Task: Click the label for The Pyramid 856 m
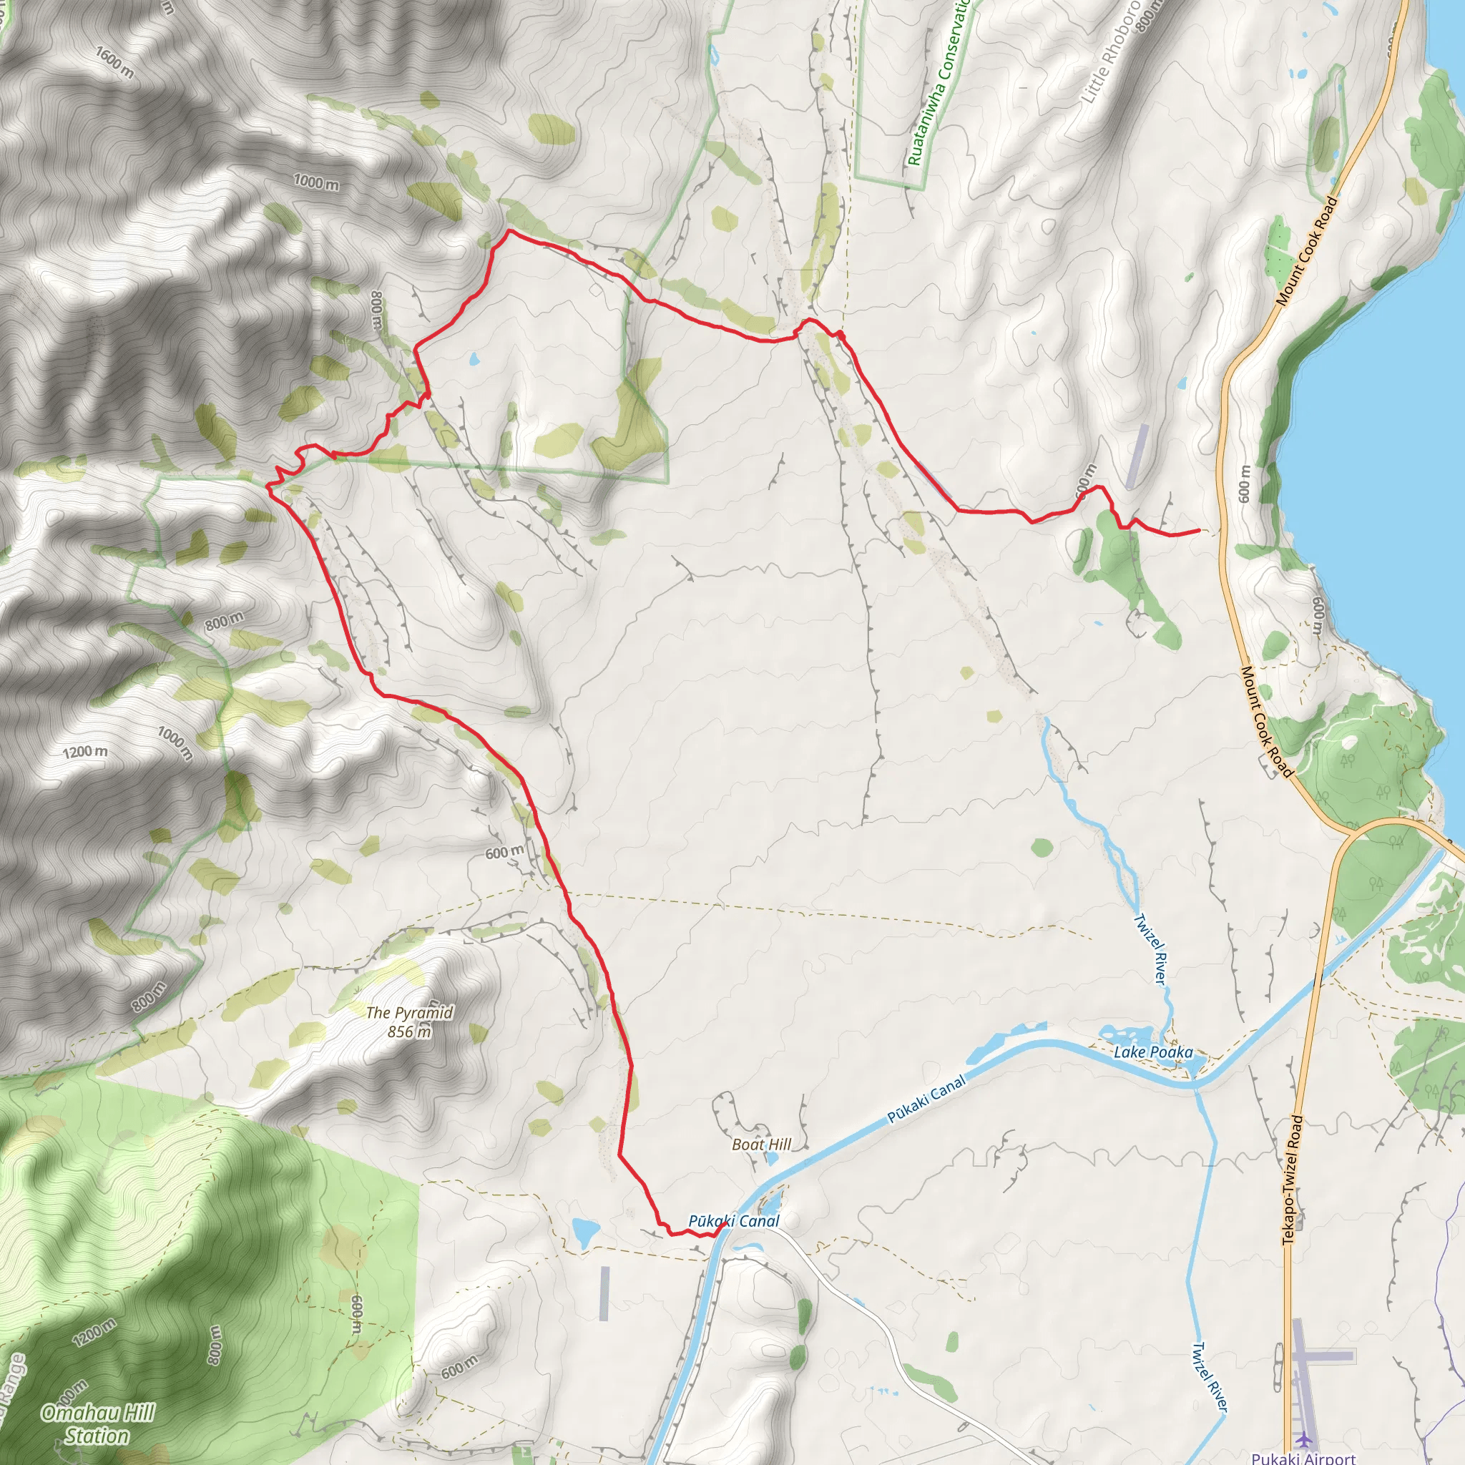click(409, 1022)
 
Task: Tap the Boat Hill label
click(761, 1145)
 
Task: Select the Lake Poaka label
click(1152, 1052)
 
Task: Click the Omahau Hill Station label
click(97, 1424)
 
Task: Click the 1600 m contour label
click(114, 62)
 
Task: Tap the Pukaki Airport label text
click(1303, 1457)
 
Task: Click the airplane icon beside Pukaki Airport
click(1303, 1439)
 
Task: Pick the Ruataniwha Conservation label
click(939, 84)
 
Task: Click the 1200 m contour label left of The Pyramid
click(85, 753)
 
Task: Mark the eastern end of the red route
click(1198, 531)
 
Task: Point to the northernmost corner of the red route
click(509, 230)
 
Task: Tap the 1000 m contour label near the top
click(316, 182)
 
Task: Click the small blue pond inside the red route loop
click(475, 359)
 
